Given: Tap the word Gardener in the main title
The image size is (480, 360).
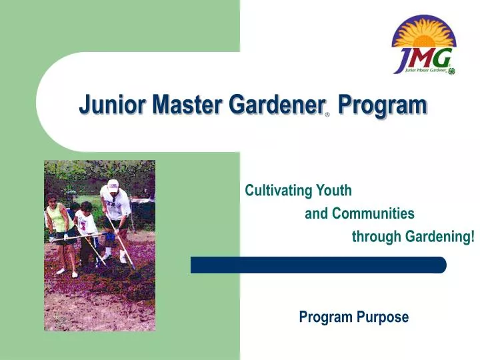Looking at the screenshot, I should [x=274, y=105].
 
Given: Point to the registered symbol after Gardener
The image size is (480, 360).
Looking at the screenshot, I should [x=327, y=115].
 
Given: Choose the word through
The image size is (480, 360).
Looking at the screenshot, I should [x=376, y=237].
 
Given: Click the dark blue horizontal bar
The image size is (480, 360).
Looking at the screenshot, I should [x=318, y=265].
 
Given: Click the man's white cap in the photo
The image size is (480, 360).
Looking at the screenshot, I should [x=113, y=185].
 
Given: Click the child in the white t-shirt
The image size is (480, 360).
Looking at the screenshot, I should [x=85, y=223].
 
